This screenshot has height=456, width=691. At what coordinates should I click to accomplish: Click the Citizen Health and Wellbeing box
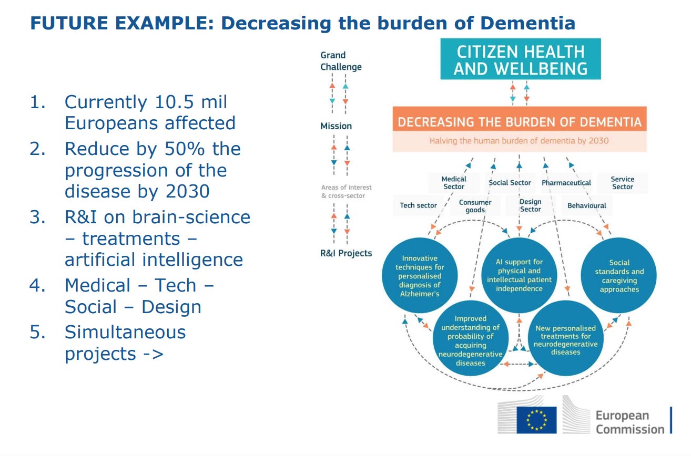520,59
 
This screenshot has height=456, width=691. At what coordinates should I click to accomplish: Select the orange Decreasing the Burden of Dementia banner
520,122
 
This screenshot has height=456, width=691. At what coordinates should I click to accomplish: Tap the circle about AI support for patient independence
519,275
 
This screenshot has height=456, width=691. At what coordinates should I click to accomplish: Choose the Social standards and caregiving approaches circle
619,275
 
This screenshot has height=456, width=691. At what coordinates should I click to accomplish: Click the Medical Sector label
453,183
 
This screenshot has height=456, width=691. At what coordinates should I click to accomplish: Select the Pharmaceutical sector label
566,183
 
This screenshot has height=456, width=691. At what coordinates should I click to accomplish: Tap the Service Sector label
622,183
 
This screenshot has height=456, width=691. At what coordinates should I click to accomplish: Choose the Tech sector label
418,205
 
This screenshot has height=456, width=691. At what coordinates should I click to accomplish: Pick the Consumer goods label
475,206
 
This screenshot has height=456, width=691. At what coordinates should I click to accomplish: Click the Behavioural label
586,205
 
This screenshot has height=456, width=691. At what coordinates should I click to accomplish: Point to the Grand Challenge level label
341,61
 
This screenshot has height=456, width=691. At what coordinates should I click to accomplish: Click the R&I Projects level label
346,253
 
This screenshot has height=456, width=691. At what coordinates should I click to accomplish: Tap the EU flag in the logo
536,420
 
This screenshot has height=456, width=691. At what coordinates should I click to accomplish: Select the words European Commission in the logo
629,422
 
